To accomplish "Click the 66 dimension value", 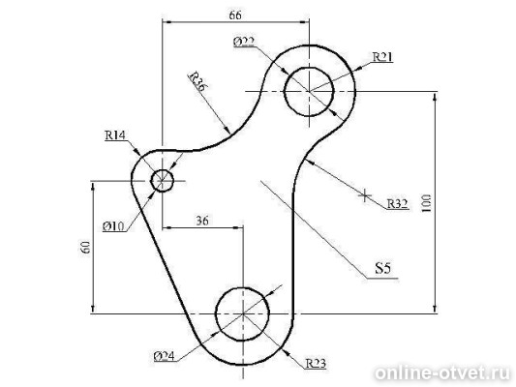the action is (x=235, y=15).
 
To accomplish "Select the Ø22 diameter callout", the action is (x=244, y=42).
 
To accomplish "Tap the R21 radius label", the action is (x=382, y=57).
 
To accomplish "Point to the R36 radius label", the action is (x=197, y=81).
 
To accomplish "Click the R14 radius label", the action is (x=115, y=134).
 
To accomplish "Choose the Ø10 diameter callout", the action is (x=113, y=226).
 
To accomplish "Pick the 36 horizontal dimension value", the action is (x=202, y=221).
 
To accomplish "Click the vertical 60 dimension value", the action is (x=85, y=248).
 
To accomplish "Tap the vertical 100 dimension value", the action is (x=426, y=203).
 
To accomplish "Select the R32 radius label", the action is (x=398, y=204).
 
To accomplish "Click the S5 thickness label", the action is (x=382, y=268).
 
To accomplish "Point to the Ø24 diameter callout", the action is (x=164, y=356).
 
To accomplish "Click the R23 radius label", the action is (x=316, y=364).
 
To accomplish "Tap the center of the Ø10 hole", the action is (x=162, y=181).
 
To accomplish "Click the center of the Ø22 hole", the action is (x=309, y=91).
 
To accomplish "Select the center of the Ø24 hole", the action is (x=243, y=314).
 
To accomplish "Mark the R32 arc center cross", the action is (x=365, y=196).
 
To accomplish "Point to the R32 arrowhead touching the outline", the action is (x=310, y=163).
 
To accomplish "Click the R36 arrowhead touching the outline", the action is (x=227, y=130).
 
